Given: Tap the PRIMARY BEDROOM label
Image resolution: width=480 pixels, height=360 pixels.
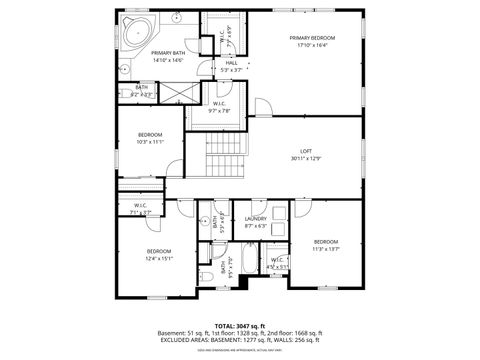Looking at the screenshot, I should (312, 38).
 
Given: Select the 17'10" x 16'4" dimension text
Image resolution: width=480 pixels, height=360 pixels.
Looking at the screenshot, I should (312, 46).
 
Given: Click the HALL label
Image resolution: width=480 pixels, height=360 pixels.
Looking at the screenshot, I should (231, 62).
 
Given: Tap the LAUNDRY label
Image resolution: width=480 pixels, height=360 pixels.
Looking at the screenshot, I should (255, 219).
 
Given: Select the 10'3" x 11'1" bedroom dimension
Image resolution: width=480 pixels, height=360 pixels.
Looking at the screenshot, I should (150, 142).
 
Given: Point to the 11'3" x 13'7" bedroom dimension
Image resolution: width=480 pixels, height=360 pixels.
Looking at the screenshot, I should (326, 250).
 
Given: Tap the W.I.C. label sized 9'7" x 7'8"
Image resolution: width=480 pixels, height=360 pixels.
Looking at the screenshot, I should (219, 103).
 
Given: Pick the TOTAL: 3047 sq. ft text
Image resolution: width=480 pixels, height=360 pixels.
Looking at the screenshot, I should (240, 325).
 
